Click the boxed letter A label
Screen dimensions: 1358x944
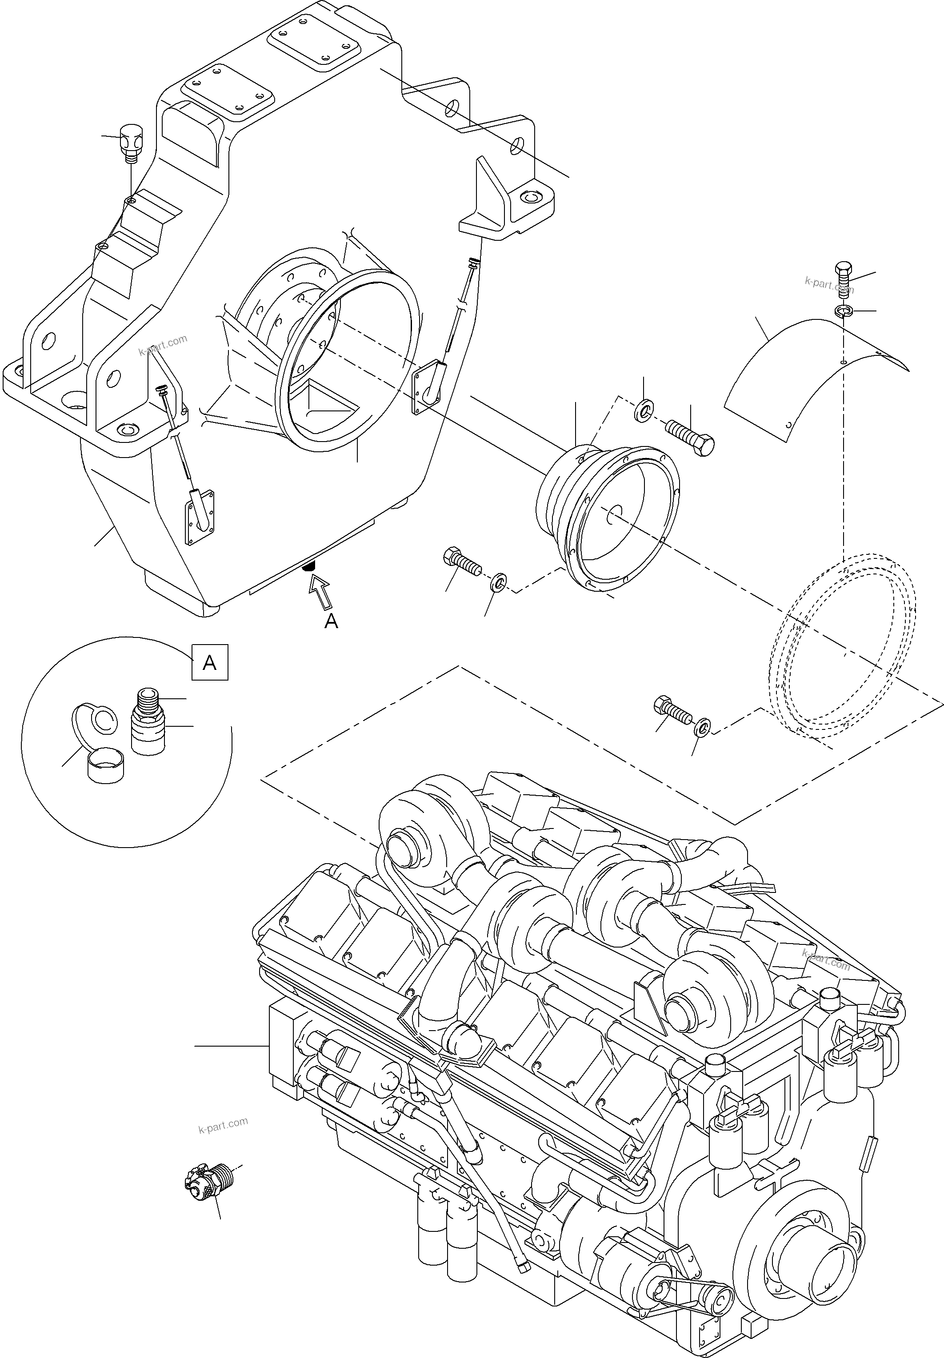[x=209, y=663]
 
